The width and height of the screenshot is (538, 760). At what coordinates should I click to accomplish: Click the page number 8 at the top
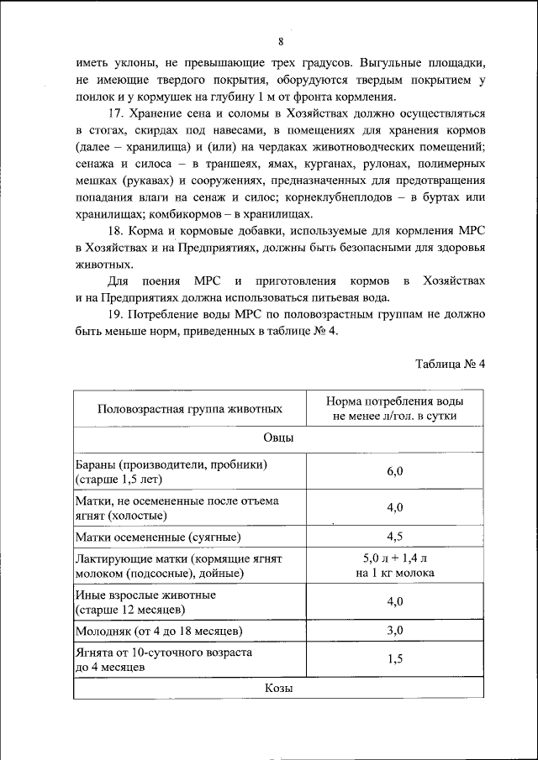(x=281, y=41)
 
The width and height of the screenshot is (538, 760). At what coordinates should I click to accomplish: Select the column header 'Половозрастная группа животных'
(x=189, y=409)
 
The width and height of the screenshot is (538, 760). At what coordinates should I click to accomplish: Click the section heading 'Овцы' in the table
(x=278, y=438)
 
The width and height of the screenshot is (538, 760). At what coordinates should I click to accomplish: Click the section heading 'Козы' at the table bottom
(x=278, y=687)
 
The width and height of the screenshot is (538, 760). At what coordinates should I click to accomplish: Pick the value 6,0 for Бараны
(x=395, y=471)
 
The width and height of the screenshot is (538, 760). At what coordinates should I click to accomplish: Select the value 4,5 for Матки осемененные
(x=395, y=536)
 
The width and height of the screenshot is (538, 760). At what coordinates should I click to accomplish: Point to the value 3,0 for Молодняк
(x=395, y=630)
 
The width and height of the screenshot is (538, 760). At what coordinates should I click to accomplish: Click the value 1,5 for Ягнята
(x=395, y=659)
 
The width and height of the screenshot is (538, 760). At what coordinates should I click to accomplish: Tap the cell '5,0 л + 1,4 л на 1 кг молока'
(x=395, y=565)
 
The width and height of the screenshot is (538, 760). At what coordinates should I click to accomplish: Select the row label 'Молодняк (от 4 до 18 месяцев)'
(x=159, y=631)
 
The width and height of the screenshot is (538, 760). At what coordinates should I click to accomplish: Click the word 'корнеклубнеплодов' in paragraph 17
(x=366, y=197)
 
